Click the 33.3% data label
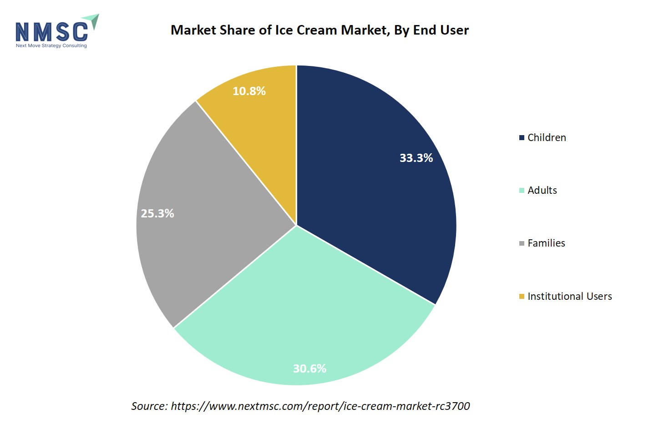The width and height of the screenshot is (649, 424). coord(416,158)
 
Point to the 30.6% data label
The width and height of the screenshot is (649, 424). coord(309,368)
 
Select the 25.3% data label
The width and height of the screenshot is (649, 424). coord(157,213)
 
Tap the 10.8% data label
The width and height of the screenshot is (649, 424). coord(249,91)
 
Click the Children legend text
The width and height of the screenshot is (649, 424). coord(547,137)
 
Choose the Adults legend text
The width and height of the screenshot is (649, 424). coord(542,190)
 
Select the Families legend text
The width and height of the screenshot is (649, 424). coord(546,243)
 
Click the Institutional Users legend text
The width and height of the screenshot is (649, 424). coord(569,296)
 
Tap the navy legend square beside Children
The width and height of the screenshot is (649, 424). coord(522,138)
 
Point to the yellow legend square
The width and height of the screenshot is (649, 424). coord(522,297)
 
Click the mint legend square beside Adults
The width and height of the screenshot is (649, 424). coord(522,191)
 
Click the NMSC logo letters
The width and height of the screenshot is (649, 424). coord(51,32)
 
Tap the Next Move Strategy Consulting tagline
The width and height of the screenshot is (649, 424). coord(51,45)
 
